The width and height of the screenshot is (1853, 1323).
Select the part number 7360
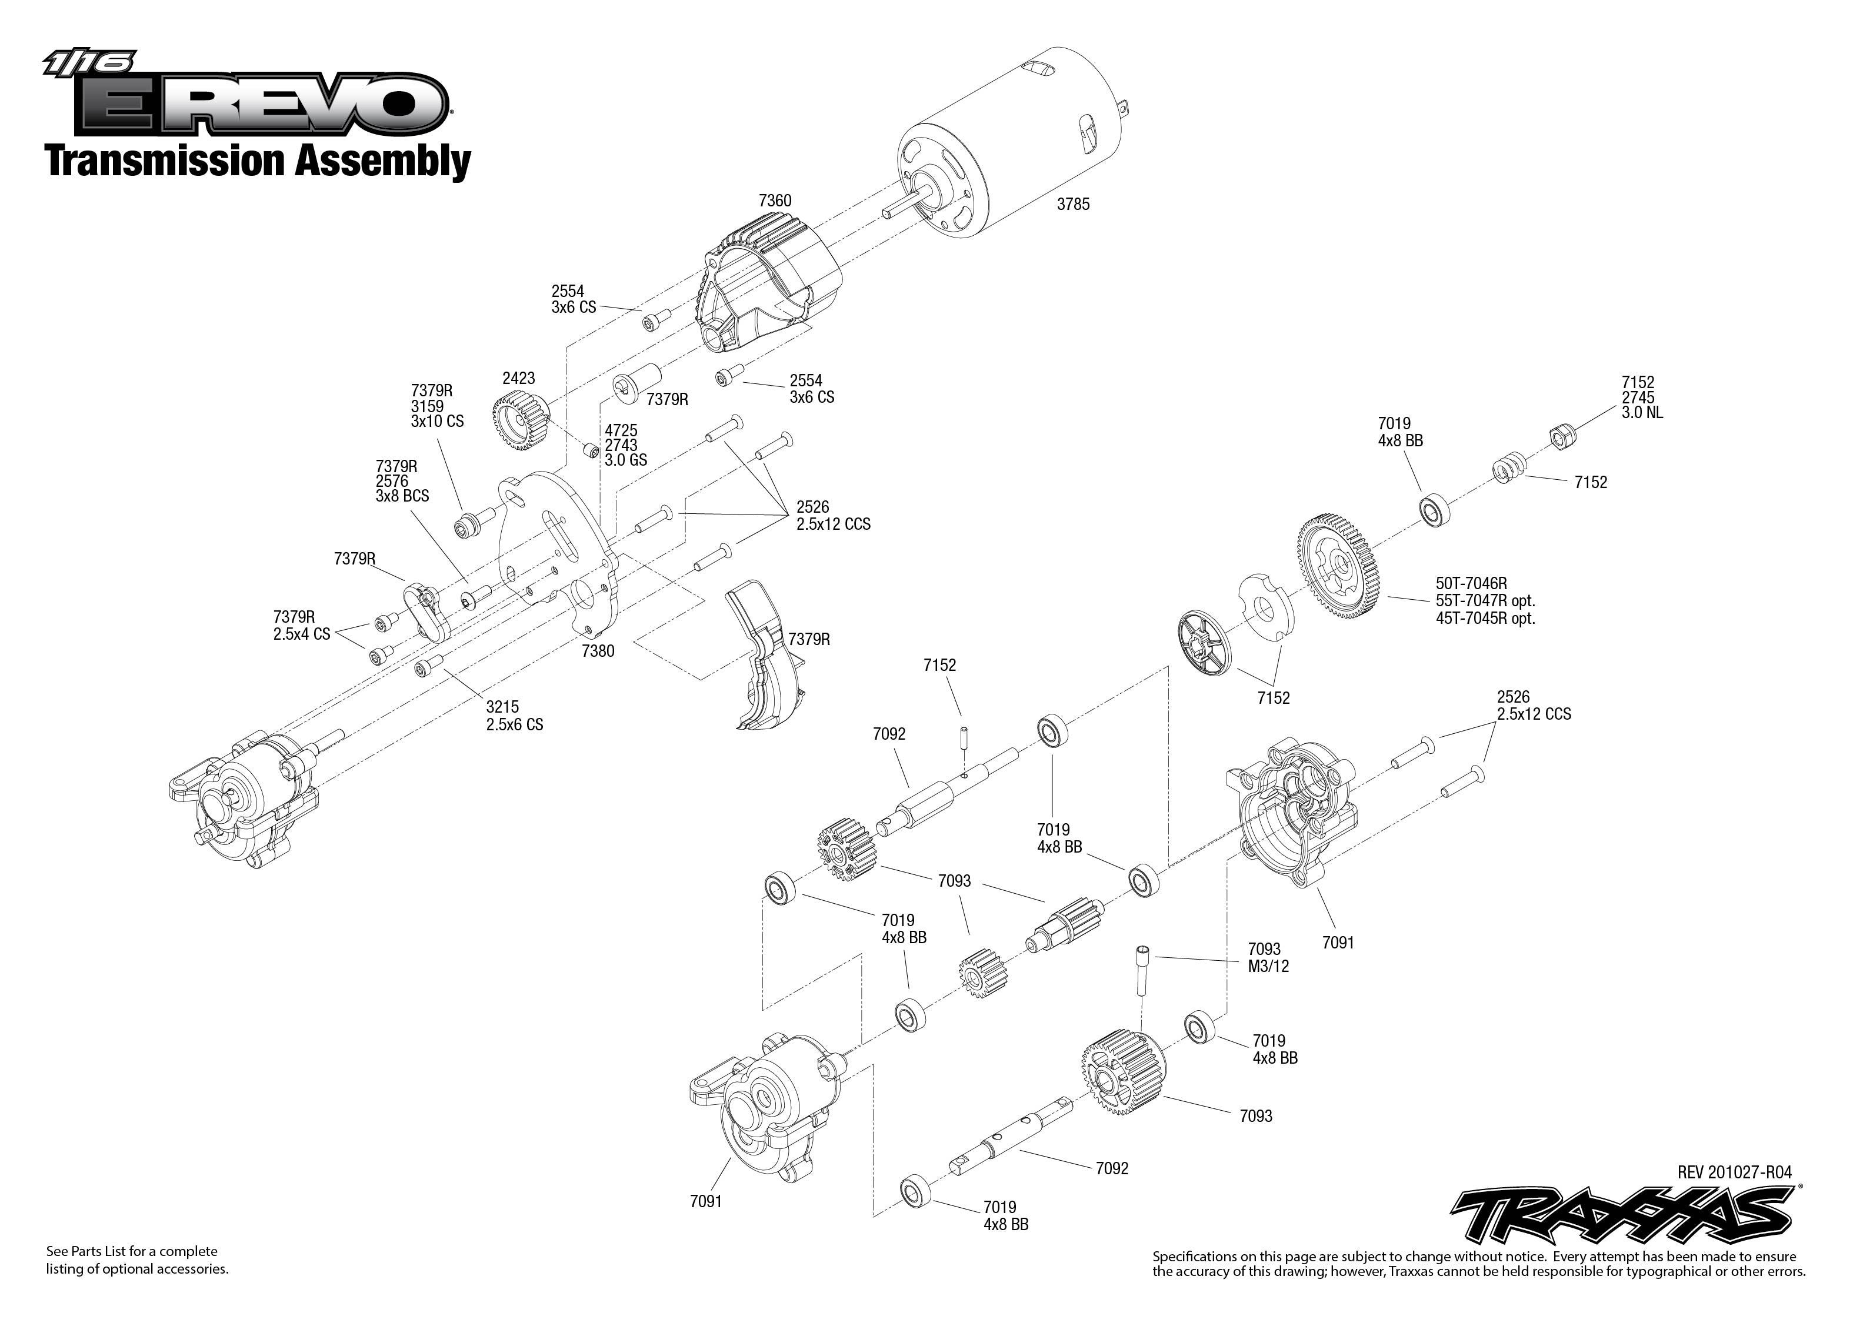pyautogui.click(x=774, y=201)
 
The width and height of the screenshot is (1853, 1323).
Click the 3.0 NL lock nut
pyautogui.click(x=1561, y=437)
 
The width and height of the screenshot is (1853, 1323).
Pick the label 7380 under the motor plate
pyautogui.click(x=598, y=652)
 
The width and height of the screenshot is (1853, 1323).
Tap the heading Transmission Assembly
pyautogui.click(x=258, y=161)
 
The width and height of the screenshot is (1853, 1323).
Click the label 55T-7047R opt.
pyautogui.click(x=1485, y=601)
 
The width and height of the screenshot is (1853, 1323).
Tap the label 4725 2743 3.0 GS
pyautogui.click(x=625, y=445)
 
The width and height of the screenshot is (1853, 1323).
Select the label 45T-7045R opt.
pyautogui.click(x=1485, y=619)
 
